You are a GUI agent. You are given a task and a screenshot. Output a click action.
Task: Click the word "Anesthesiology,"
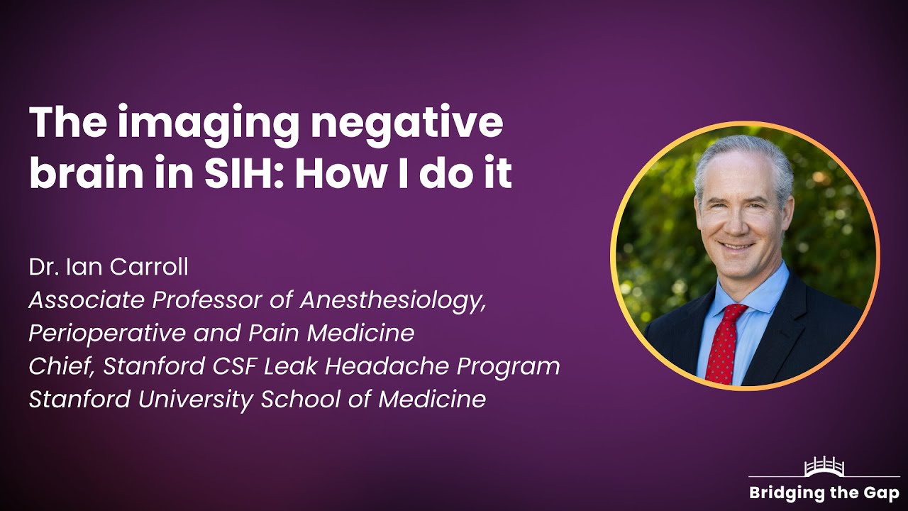tap(393, 300)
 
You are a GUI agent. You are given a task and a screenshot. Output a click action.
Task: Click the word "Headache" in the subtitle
tap(372, 366)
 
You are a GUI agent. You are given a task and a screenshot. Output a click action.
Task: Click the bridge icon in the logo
tap(824, 467)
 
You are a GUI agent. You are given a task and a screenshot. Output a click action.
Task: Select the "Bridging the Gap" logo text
tap(824, 493)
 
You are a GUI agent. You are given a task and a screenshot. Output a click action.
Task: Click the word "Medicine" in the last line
tap(432, 400)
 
